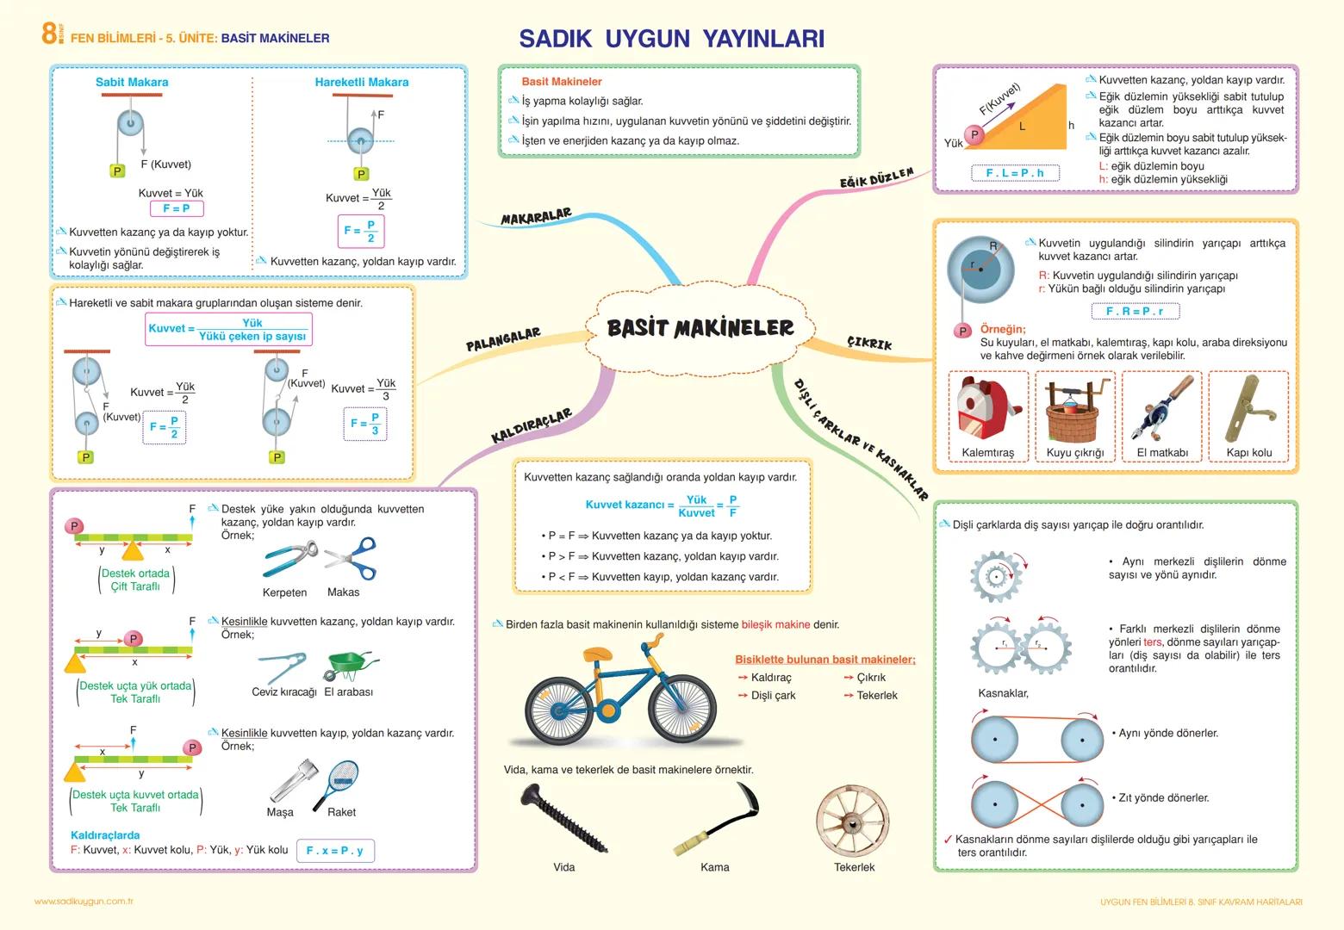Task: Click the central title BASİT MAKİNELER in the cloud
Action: pyautogui.click(x=700, y=328)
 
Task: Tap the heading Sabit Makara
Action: pyautogui.click(x=132, y=83)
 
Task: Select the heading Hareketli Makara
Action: pyautogui.click(x=362, y=83)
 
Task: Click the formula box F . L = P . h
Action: pyautogui.click(x=1014, y=173)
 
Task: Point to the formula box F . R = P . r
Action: pyautogui.click(x=1135, y=312)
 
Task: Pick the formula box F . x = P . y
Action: pyautogui.click(x=335, y=851)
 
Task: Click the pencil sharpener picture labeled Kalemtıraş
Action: pyautogui.click(x=987, y=410)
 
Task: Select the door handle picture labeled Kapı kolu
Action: pyautogui.click(x=1248, y=410)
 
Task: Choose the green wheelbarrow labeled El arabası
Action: pyautogui.click(x=350, y=666)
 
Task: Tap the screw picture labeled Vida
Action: pyautogui.click(x=564, y=818)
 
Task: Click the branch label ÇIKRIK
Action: pyautogui.click(x=869, y=343)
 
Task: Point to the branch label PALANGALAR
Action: pyautogui.click(x=503, y=339)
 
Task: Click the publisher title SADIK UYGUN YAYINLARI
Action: pyautogui.click(x=671, y=39)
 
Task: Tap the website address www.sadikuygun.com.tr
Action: pyautogui.click(x=84, y=902)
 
